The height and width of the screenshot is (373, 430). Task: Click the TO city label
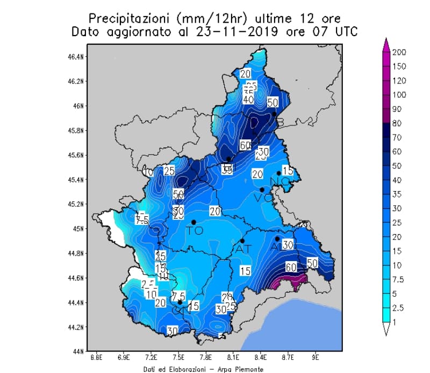[x=194, y=231]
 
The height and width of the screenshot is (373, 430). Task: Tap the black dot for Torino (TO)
[x=193, y=222]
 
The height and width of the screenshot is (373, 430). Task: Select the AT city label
[x=243, y=249]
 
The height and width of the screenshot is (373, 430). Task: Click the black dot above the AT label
[x=242, y=241]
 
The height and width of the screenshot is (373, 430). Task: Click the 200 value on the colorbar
[x=399, y=53]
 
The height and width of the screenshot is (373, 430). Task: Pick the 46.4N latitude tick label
[x=74, y=57]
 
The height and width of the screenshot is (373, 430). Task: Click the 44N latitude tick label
[x=77, y=351]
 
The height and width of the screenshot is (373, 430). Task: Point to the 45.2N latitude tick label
[x=74, y=204]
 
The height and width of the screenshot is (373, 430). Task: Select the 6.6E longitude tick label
[x=97, y=356]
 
